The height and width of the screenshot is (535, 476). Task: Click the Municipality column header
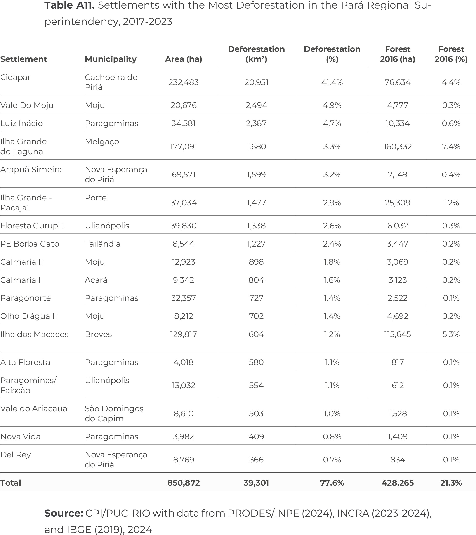[111, 59]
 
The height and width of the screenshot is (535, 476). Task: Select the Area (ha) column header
[183, 59]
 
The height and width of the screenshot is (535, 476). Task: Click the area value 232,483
[183, 82]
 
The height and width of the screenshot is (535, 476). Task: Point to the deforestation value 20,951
[256, 82]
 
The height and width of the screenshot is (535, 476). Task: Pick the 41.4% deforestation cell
[332, 82]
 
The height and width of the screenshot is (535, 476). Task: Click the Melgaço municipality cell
[102, 142]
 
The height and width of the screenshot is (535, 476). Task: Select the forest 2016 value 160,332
[398, 147]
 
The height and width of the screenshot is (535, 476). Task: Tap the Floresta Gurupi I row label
[32, 226]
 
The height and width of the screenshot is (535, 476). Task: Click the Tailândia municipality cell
[102, 244]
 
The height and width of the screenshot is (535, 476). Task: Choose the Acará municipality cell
[96, 280]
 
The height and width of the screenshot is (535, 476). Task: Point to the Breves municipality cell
[98, 334]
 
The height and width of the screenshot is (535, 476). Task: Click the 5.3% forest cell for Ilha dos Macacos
[451, 334]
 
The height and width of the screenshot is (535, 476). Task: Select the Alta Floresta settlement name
[25, 362]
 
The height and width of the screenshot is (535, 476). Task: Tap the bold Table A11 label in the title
[69, 5]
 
